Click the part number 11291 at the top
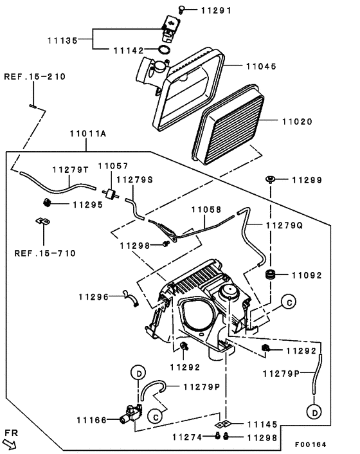tap(216, 11)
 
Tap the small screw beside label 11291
tap(182, 9)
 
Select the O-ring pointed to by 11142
tap(165, 50)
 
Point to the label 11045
tap(261, 66)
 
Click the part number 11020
tap(298, 122)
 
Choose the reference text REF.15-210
tap(35, 77)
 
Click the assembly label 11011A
tap(88, 134)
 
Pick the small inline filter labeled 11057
tap(111, 194)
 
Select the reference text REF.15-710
tap(45, 253)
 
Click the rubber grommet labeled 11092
tap(270, 275)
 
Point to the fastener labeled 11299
tap(270, 179)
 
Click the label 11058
tap(206, 210)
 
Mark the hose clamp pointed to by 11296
tap(131, 298)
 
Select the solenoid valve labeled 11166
tap(131, 413)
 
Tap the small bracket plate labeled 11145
tap(222, 424)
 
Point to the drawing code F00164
tap(310, 444)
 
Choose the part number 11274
tap(188, 437)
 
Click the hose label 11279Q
tap(284, 225)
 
